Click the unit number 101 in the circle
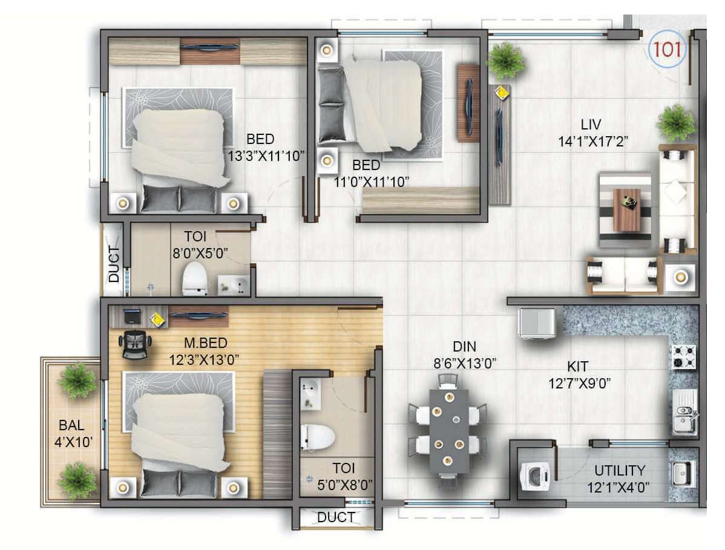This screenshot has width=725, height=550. point(667,49)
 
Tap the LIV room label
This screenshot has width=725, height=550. point(591,124)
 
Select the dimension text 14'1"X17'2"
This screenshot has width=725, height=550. point(592,142)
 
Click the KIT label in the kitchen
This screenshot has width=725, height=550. point(577,367)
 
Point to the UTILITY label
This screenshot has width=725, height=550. point(620,471)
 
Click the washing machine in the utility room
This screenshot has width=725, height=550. point(536,476)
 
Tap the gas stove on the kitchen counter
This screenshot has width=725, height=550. point(684,356)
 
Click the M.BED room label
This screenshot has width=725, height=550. point(206,343)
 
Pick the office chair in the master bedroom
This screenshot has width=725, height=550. point(135,344)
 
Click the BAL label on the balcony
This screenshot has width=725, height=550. point(71,425)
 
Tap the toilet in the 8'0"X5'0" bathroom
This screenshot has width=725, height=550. point(195,278)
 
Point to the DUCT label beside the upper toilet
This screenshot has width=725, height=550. point(114,264)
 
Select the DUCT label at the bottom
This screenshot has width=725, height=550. point(336,517)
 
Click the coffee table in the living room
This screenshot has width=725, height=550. point(626,210)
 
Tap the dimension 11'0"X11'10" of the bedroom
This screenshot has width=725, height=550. point(372,182)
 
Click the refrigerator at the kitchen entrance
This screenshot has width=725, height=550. point(537,323)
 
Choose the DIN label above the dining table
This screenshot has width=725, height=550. point(464,347)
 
